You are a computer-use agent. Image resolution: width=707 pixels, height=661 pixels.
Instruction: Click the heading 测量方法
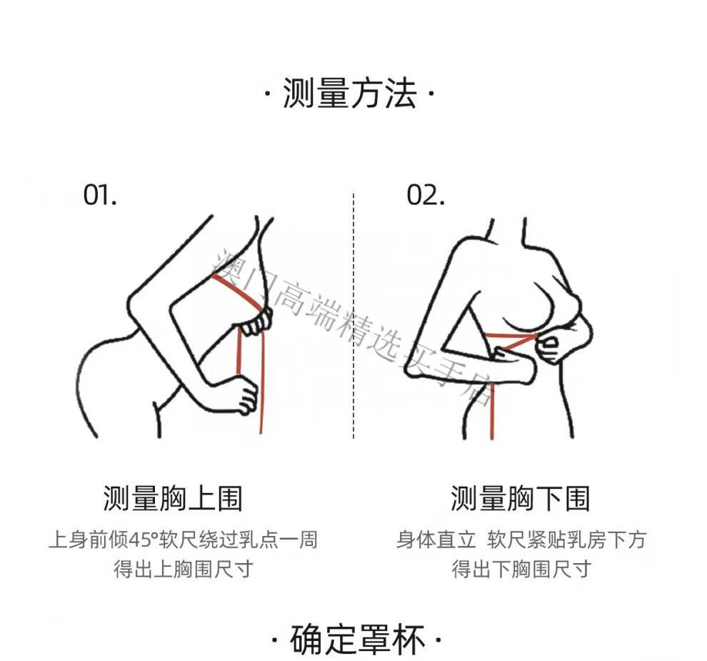[349, 94]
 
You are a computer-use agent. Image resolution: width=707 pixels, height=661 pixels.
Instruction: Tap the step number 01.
[100, 195]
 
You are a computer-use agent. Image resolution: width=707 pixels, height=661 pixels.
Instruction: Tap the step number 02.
[425, 195]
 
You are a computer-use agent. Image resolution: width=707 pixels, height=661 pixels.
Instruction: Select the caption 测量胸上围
[173, 499]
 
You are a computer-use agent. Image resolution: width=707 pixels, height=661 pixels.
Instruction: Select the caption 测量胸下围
[521, 499]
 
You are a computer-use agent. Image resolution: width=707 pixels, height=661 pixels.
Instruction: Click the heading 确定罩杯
[358, 640]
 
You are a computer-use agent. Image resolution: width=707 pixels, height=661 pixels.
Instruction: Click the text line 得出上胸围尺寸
[183, 569]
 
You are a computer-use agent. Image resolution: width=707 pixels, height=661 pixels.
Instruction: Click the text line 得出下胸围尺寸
[522, 569]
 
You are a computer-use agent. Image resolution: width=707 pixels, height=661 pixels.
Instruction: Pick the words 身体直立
[436, 540]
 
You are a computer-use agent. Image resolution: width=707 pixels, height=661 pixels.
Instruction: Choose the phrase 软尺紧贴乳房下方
[567, 540]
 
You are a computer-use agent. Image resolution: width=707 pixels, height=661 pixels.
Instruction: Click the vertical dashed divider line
[353, 316]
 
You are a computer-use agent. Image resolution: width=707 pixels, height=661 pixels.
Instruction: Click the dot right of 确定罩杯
[438, 640]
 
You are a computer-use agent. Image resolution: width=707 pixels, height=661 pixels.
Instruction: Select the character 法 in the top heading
[401, 94]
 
